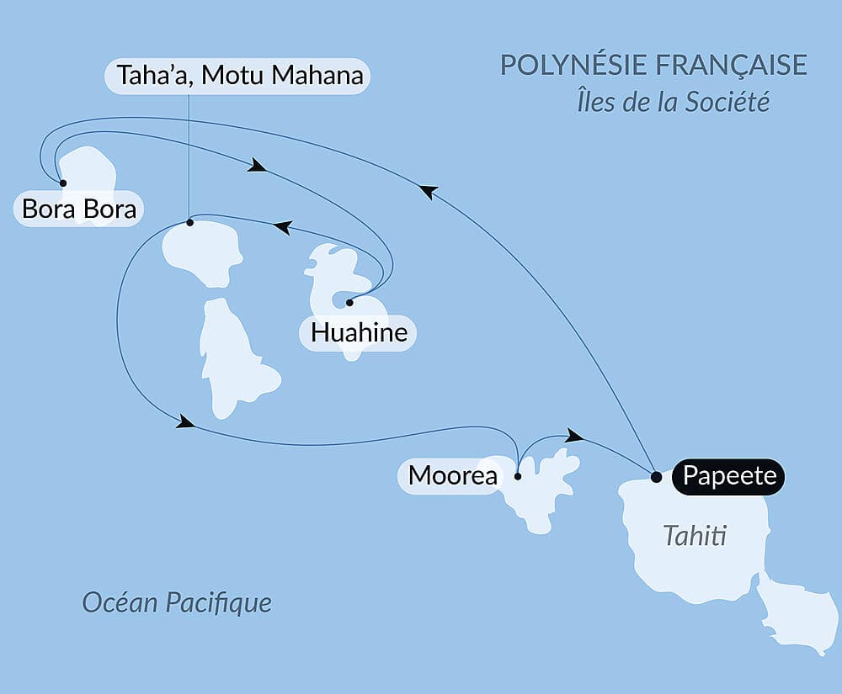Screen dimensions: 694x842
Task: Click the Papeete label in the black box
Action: point(728,476)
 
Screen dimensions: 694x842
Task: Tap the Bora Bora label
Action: point(79,209)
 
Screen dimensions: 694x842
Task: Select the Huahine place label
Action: point(359,333)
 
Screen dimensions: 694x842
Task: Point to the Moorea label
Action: point(452,476)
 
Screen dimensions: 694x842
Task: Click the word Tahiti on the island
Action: point(694,535)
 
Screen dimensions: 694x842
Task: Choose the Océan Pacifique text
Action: point(177,602)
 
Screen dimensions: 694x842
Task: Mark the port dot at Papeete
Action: point(657,477)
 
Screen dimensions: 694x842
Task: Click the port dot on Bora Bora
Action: point(62,183)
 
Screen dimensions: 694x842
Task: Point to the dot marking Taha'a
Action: point(189,223)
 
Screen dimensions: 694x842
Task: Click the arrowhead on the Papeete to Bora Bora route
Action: point(428,193)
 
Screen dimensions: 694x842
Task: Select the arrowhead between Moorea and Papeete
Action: point(574,435)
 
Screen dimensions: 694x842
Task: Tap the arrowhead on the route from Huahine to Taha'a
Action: point(283,227)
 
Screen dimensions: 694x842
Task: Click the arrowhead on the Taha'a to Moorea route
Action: point(185,422)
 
